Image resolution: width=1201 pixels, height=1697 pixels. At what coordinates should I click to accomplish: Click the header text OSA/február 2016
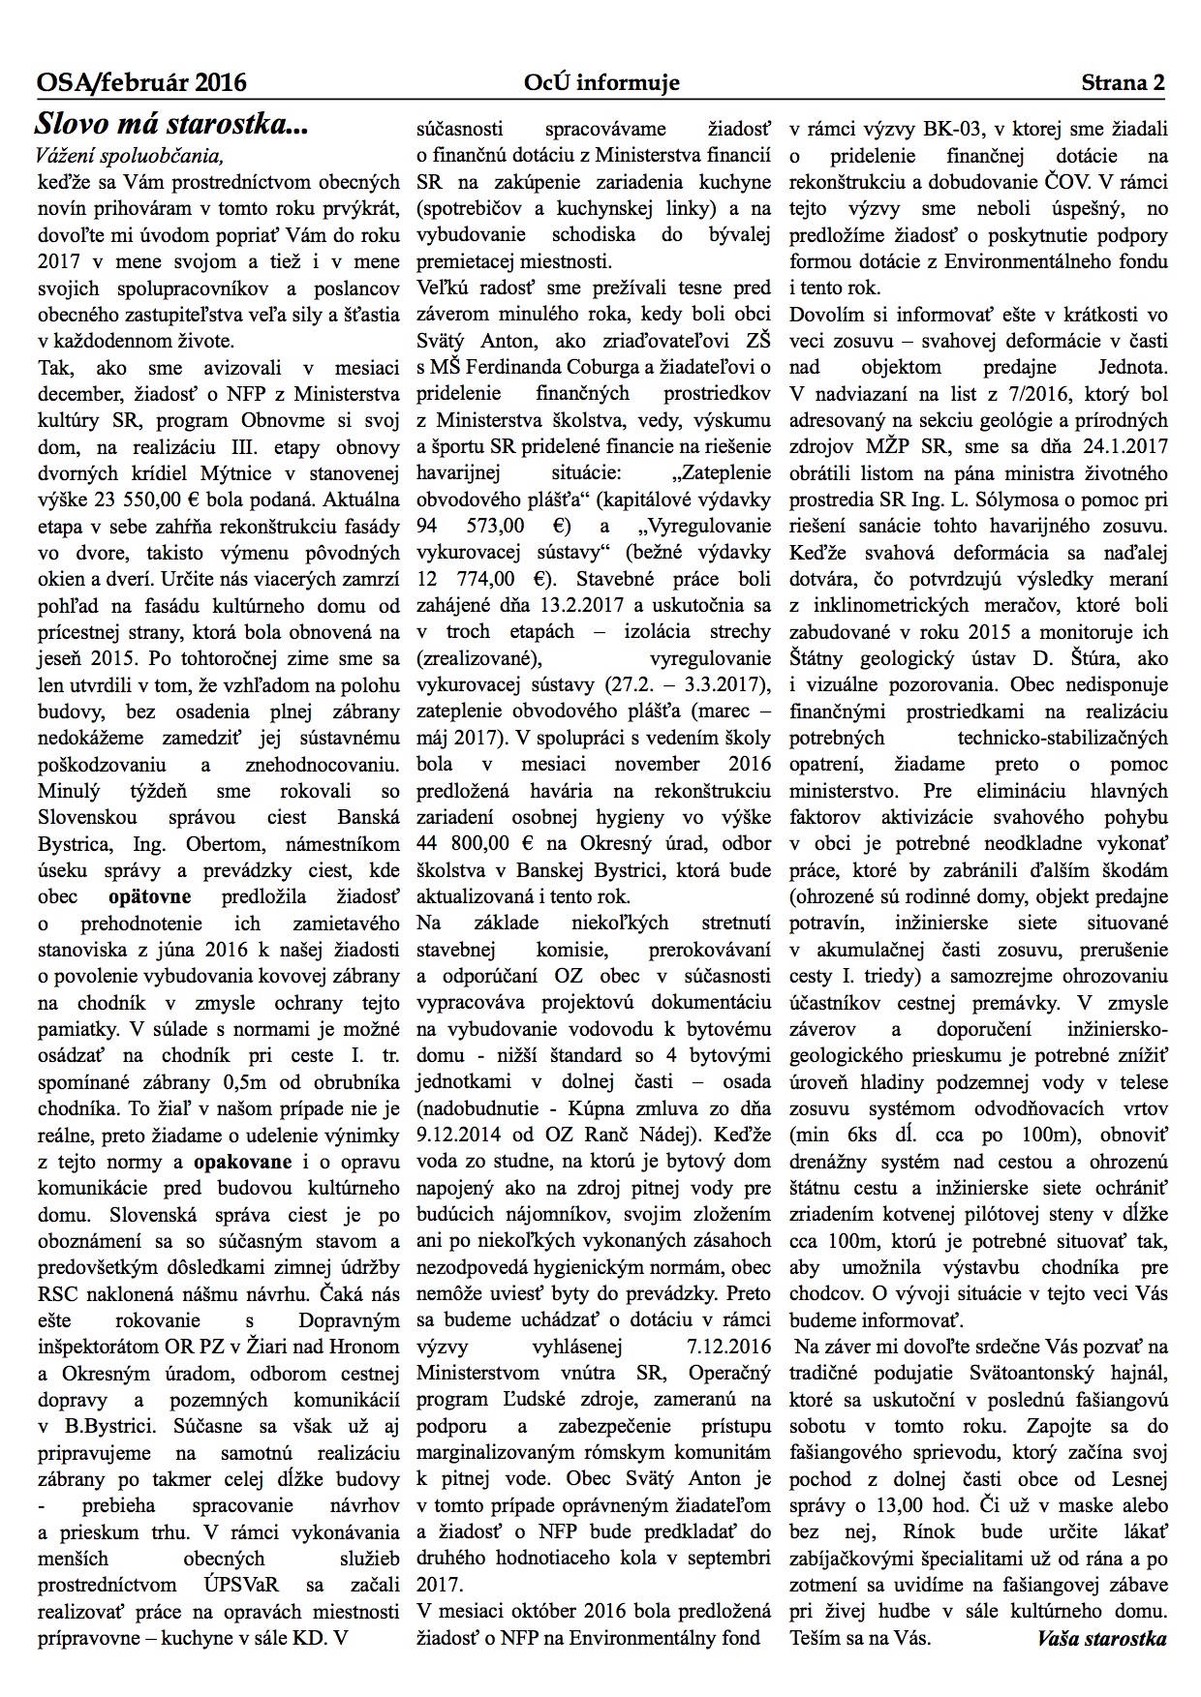pyautogui.click(x=141, y=83)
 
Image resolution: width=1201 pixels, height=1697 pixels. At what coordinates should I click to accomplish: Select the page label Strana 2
pyautogui.click(x=1123, y=83)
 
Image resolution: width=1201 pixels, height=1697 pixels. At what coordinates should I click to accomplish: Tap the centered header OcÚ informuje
pyautogui.click(x=601, y=83)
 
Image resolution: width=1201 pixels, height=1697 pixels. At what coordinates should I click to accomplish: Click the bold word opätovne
pyautogui.click(x=150, y=895)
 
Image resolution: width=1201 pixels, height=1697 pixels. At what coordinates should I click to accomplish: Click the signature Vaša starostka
pyautogui.click(x=1101, y=1637)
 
